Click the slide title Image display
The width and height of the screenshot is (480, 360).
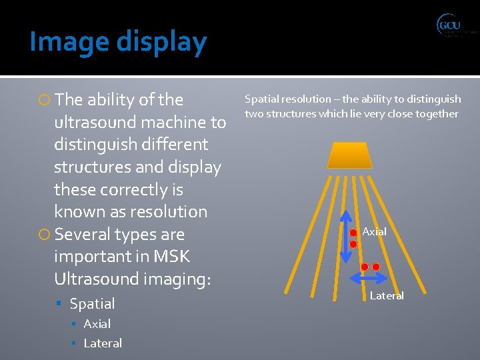(118, 42)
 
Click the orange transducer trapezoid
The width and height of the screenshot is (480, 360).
(349, 155)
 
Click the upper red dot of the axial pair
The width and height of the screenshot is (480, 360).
(353, 233)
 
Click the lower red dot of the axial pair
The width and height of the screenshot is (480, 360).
(353, 245)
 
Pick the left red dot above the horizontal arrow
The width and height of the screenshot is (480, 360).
(365, 267)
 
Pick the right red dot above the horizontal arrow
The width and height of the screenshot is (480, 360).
(376, 267)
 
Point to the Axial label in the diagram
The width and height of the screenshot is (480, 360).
(374, 231)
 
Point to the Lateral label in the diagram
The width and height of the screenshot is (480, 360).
(387, 295)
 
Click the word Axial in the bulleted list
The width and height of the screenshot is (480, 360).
(97, 324)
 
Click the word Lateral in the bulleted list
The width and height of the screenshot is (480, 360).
(103, 343)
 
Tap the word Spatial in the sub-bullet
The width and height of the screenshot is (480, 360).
(92, 303)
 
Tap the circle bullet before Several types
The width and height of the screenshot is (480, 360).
(45, 235)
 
